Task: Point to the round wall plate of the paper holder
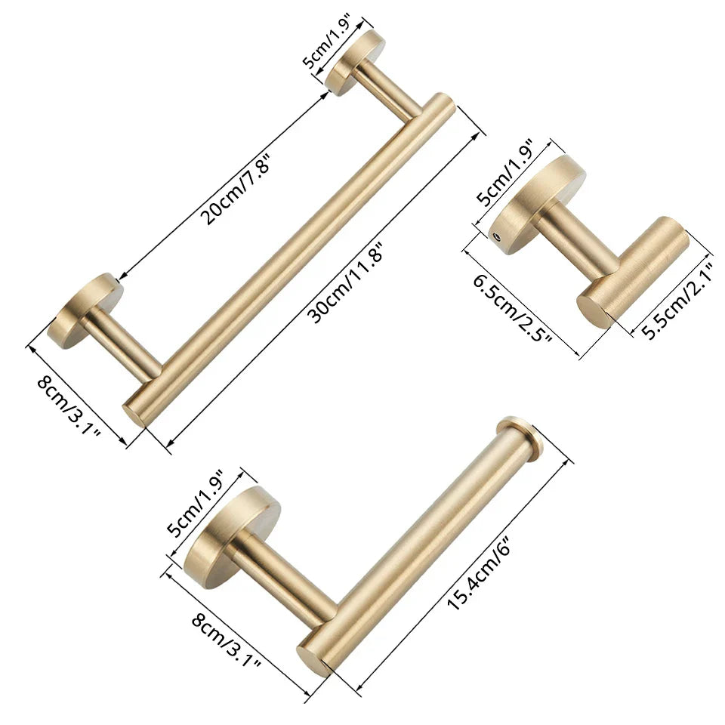point(227,536)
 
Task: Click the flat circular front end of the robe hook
point(595,310)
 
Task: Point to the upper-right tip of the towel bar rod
point(446,103)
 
